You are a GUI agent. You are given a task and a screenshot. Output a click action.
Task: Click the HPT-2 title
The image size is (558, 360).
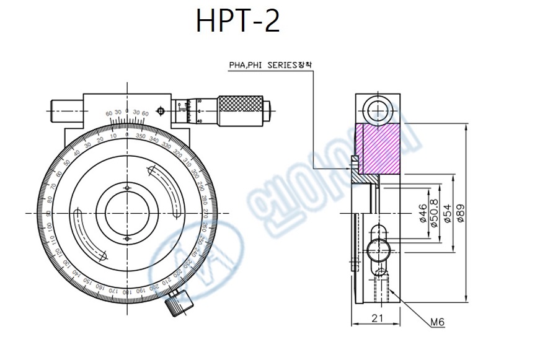click(x=237, y=22)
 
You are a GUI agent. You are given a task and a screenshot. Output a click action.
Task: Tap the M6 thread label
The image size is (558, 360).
click(x=438, y=322)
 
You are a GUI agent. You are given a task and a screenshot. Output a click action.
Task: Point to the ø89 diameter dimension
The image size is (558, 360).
click(x=461, y=212)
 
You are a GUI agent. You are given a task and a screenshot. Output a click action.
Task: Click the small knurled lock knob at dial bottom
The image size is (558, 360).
click(x=179, y=303)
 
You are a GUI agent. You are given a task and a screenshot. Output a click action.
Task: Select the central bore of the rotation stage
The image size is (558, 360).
click(x=126, y=213)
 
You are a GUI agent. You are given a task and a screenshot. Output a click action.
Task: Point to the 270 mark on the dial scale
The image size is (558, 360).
click(x=205, y=213)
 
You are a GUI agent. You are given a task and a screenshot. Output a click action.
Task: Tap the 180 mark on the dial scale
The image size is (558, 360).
click(x=126, y=291)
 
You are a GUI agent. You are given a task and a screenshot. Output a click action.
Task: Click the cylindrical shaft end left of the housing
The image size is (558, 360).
click(x=66, y=111)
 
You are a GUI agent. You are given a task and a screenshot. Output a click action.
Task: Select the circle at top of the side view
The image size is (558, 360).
click(x=376, y=112)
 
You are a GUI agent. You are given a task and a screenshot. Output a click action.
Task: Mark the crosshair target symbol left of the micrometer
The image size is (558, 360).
click(x=161, y=111)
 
